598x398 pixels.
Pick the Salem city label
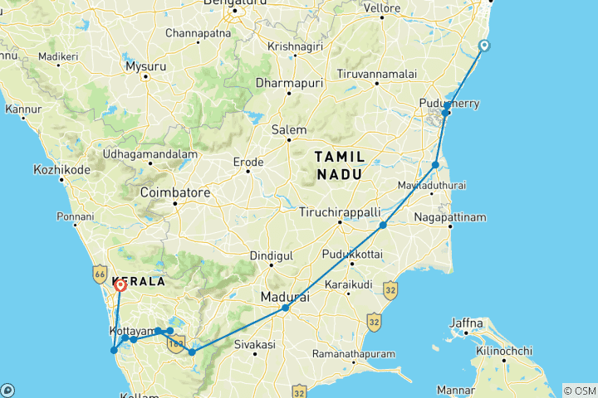click(290, 130)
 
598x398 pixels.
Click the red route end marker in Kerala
click(120, 286)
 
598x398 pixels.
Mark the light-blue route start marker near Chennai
click(484, 46)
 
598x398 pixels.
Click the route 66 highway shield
click(100, 272)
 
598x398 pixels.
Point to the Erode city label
click(248, 161)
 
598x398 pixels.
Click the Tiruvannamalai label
click(376, 74)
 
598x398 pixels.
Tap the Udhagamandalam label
click(149, 154)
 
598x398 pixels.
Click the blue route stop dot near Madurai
click(285, 308)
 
